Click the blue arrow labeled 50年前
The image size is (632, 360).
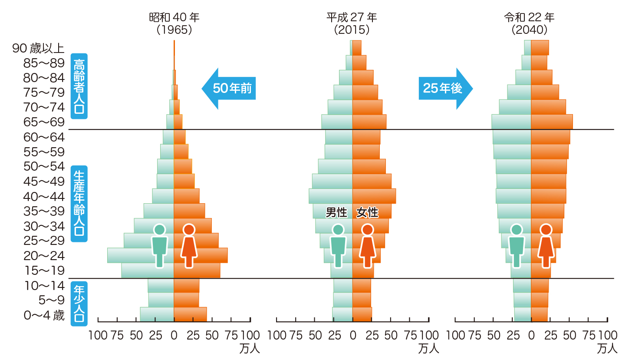229,88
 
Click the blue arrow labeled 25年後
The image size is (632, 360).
445,88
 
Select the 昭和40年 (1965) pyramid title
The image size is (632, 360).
174,23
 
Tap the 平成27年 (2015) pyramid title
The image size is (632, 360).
352,23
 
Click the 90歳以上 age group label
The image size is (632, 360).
38,48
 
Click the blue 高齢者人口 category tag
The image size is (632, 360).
79,86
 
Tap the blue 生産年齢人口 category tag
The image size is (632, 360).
79,203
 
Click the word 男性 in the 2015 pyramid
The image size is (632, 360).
337,213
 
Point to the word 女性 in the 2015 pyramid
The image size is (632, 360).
367,213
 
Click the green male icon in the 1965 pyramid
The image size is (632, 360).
159,246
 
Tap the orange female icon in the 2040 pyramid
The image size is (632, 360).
546,246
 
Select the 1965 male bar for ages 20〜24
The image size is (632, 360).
130,255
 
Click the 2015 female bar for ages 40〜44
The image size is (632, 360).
374,196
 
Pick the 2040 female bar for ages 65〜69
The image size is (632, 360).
552,122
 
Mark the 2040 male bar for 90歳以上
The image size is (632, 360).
527,48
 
